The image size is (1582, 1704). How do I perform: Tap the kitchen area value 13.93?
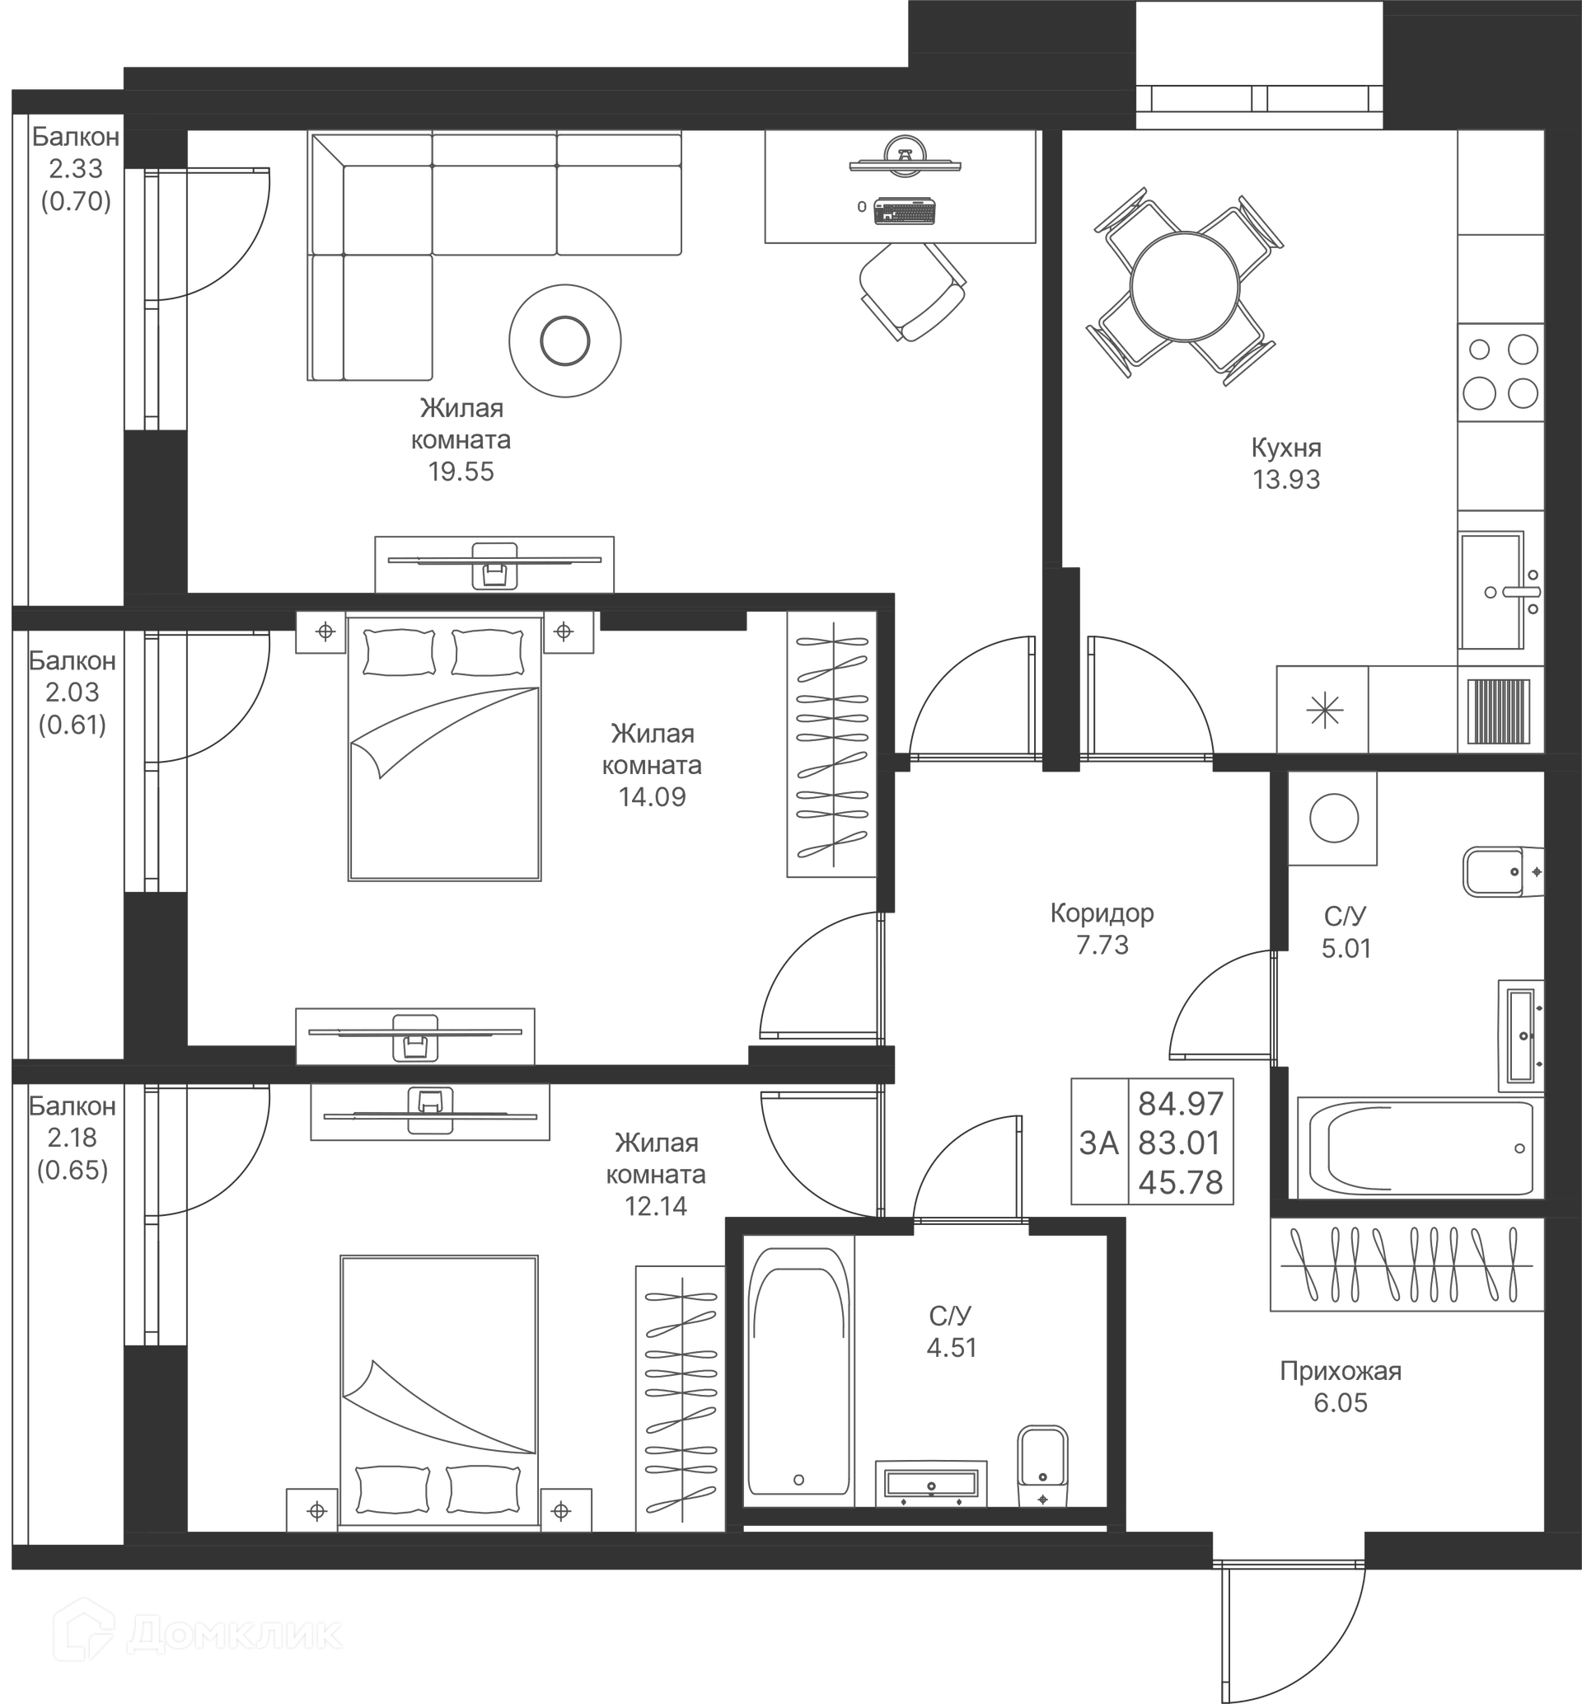pos(1286,480)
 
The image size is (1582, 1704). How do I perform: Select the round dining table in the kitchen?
pos(1185,287)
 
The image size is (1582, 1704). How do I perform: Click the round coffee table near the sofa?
pos(565,340)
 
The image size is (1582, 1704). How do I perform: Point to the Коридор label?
pos(1102,913)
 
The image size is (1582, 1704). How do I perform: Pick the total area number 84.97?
pos(1181,1105)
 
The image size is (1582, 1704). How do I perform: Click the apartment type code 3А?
pos(1099,1143)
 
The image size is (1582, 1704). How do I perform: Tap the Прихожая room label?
pos(1341,1371)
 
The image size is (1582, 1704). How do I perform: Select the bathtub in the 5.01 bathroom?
pos(1419,1148)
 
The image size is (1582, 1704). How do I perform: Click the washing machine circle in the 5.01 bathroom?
pos(1333,819)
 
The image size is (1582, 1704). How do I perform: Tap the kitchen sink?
pos(1491,591)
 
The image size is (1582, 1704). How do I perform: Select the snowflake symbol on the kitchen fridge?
pos(1324,711)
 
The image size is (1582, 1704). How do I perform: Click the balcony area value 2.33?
pos(75,169)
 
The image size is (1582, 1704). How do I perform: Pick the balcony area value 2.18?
pos(72,1138)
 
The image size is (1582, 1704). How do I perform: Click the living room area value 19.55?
pos(461,472)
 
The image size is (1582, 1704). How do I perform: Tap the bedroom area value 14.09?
pos(653,797)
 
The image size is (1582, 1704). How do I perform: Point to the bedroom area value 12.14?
pos(656,1207)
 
